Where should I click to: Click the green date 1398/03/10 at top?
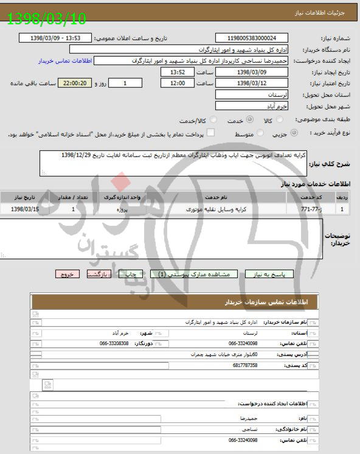(47, 18)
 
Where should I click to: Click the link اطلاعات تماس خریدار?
(63, 61)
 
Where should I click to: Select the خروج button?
(67, 274)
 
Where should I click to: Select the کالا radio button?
(279, 121)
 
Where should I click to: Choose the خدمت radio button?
(231, 121)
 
